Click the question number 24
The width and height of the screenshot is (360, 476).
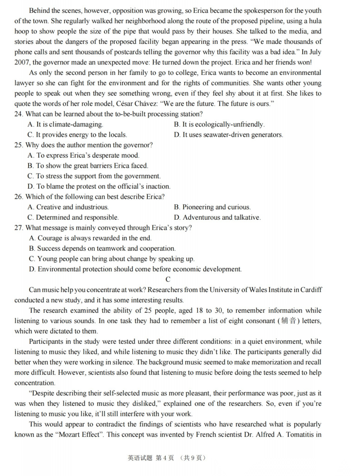pyautogui.click(x=19, y=114)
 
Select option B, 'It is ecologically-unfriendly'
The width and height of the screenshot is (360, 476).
pyautogui.click(x=219, y=125)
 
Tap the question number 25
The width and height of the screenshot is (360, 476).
pyautogui.click(x=19, y=145)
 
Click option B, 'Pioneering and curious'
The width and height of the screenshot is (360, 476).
pyautogui.click(x=212, y=207)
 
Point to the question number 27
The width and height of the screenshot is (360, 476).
pyautogui.click(x=19, y=228)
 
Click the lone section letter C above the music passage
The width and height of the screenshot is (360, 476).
pyautogui.click(x=168, y=279)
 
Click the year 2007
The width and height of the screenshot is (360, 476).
pyautogui.click(x=22, y=62)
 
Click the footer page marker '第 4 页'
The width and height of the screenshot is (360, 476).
pyautogui.click(x=164, y=458)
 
